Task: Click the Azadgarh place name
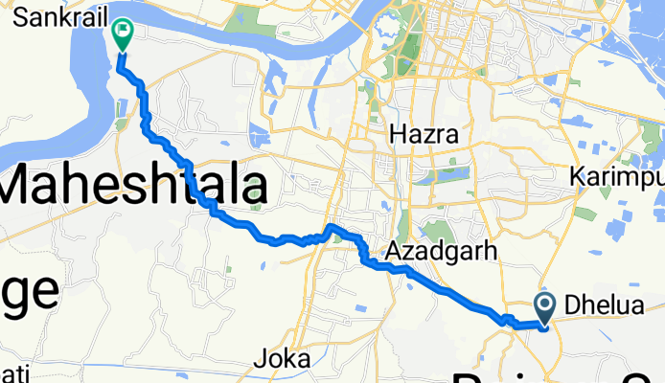pos(442,252)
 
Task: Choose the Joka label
pos(284,360)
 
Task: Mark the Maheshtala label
pos(134,183)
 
